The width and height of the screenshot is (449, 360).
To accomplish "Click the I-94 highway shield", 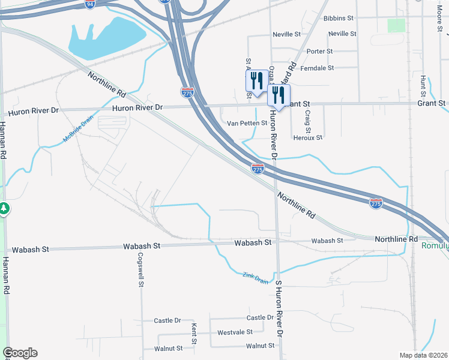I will (x=89, y=4).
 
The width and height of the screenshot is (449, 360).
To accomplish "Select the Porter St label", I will (x=319, y=52).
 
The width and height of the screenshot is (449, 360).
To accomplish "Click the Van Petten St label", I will (x=247, y=123).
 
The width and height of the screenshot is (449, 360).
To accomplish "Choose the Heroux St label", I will (x=307, y=137).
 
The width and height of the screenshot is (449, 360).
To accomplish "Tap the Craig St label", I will (x=307, y=121).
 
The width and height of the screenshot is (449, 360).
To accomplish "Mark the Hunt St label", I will (x=424, y=87).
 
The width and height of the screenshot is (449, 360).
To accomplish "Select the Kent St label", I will (x=194, y=333).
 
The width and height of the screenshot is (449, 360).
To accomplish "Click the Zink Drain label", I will (x=256, y=277).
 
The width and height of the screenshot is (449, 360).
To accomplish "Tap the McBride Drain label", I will (x=79, y=130).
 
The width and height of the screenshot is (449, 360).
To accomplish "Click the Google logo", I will (x=20, y=353).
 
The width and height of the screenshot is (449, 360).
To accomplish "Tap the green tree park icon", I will (x=4, y=208).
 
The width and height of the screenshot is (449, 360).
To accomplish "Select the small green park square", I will (x=396, y=25).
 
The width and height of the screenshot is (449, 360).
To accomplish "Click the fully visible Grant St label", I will (x=431, y=103).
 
